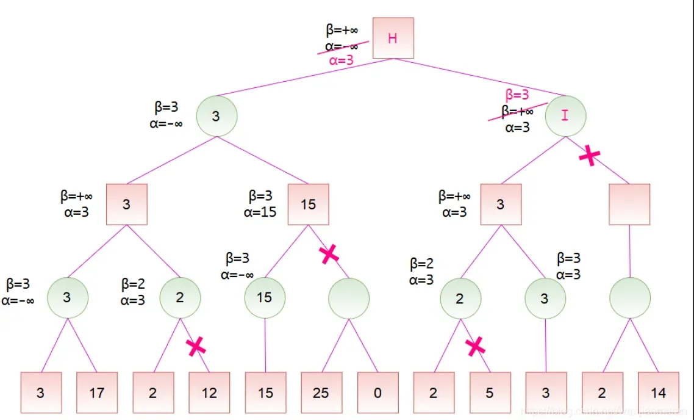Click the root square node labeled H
click(393, 38)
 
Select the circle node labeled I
click(565, 115)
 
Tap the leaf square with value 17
click(97, 393)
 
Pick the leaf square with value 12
click(209, 393)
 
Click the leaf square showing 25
click(321, 393)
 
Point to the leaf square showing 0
click(377, 393)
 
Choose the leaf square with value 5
click(490, 393)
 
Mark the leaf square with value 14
click(659, 393)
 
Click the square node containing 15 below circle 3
click(309, 204)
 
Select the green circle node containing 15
click(265, 297)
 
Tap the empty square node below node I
click(629, 204)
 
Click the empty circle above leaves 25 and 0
click(349, 297)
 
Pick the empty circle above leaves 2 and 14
click(629, 297)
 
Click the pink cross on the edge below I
click(588, 156)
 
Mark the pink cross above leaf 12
click(196, 347)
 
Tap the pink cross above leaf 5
click(476, 347)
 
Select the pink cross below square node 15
click(329, 254)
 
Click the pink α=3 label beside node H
click(341, 60)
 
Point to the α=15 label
click(260, 212)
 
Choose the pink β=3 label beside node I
click(517, 95)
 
